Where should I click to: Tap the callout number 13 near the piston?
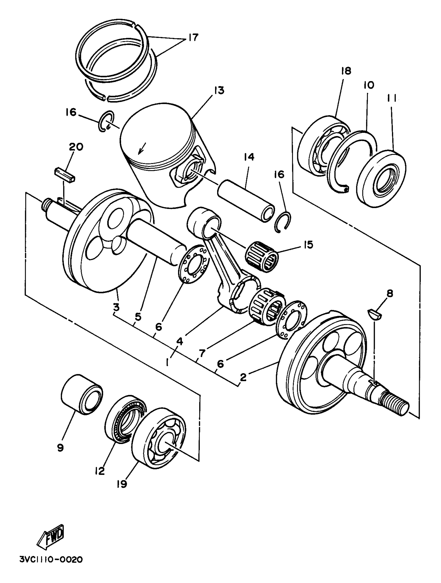219,91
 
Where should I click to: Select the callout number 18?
346,71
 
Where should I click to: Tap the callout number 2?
243,377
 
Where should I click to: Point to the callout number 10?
369,85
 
